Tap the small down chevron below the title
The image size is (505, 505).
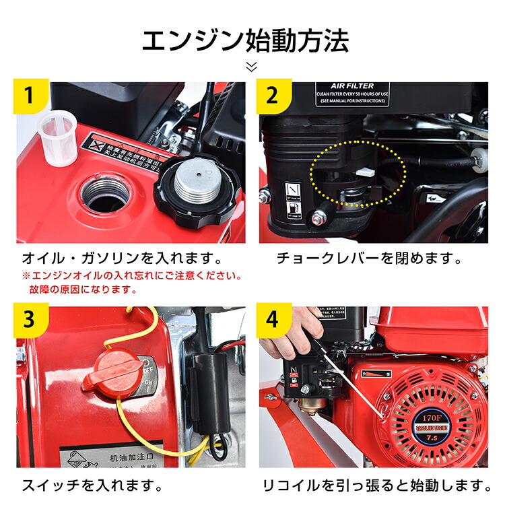tap(252, 67)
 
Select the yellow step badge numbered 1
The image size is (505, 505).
tap(28, 96)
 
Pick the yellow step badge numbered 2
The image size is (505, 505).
tap(272, 96)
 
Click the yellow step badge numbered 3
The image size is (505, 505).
tap(28, 319)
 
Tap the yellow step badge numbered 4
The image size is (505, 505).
tap(272, 319)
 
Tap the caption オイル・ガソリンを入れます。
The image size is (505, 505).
tap(122, 258)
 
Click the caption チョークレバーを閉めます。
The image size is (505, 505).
tap(369, 258)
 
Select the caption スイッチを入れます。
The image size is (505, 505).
tap(92, 484)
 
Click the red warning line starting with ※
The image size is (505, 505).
tap(132, 275)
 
